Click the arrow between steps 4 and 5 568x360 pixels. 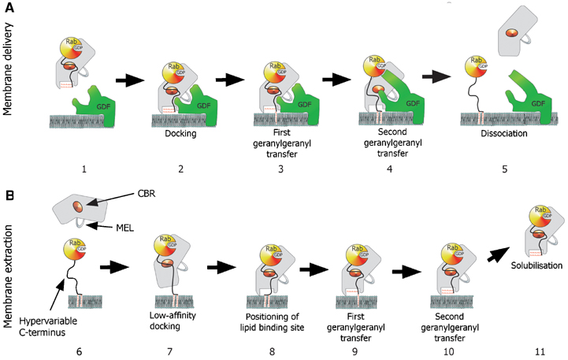click(x=429, y=78)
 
